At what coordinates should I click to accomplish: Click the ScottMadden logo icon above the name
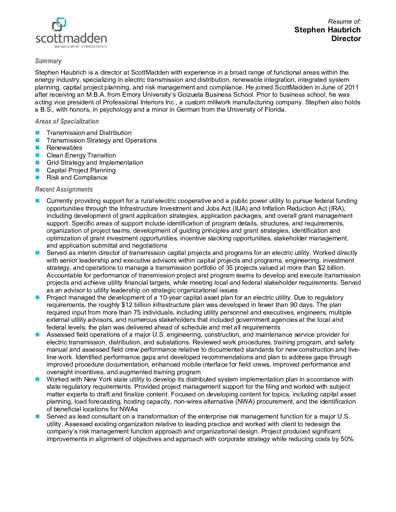pyautogui.click(x=59, y=24)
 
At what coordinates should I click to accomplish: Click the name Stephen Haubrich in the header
pyautogui.click(x=327, y=30)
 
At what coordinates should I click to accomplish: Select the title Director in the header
pyautogui.click(x=346, y=39)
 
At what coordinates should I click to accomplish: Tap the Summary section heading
pyautogui.click(x=48, y=61)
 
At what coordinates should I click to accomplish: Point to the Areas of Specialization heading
pyautogui.click(x=67, y=121)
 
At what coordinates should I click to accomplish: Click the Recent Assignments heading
pyautogui.click(x=64, y=189)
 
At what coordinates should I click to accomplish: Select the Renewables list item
pyautogui.click(x=64, y=148)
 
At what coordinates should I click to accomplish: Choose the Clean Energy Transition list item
pyautogui.click(x=81, y=155)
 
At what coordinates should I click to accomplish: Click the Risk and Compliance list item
pyautogui.click(x=77, y=177)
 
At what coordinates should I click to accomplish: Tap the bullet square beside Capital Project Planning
pyautogui.click(x=37, y=170)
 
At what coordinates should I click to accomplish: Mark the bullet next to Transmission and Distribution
pyautogui.click(x=37, y=133)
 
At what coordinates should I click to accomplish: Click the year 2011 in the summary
pyautogui.click(x=351, y=87)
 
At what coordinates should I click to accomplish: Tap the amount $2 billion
pyautogui.click(x=330, y=268)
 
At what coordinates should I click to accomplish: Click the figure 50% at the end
pyautogui.click(x=347, y=439)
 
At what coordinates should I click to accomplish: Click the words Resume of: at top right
pyautogui.click(x=344, y=21)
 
